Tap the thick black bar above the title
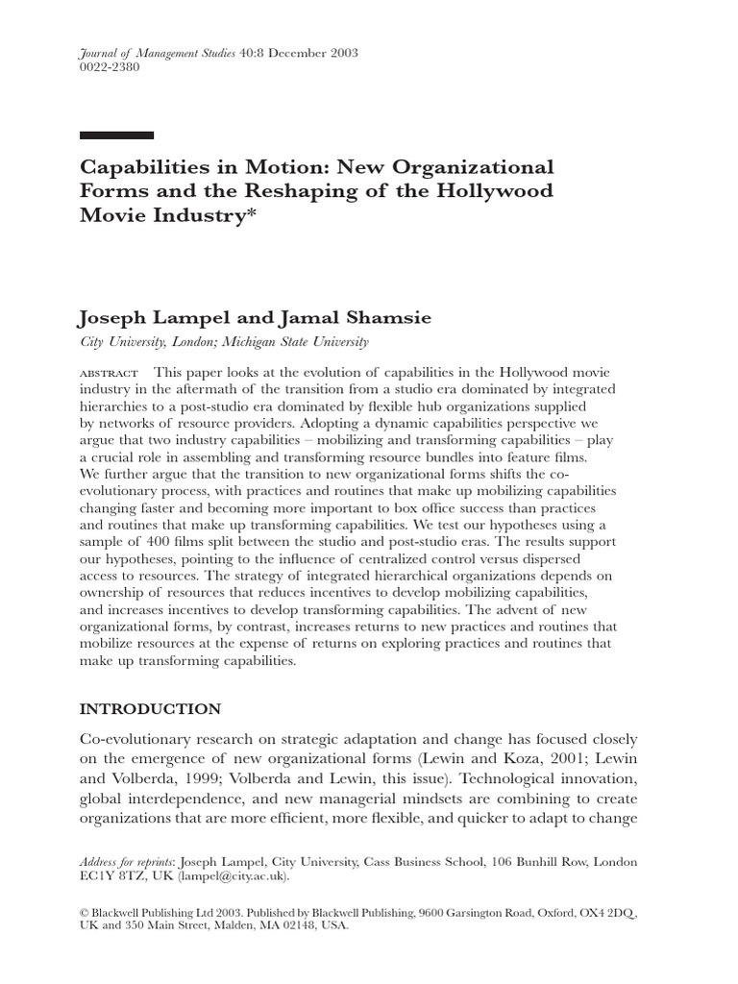(116, 135)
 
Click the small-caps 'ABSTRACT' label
(109, 373)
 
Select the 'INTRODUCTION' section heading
(150, 709)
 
